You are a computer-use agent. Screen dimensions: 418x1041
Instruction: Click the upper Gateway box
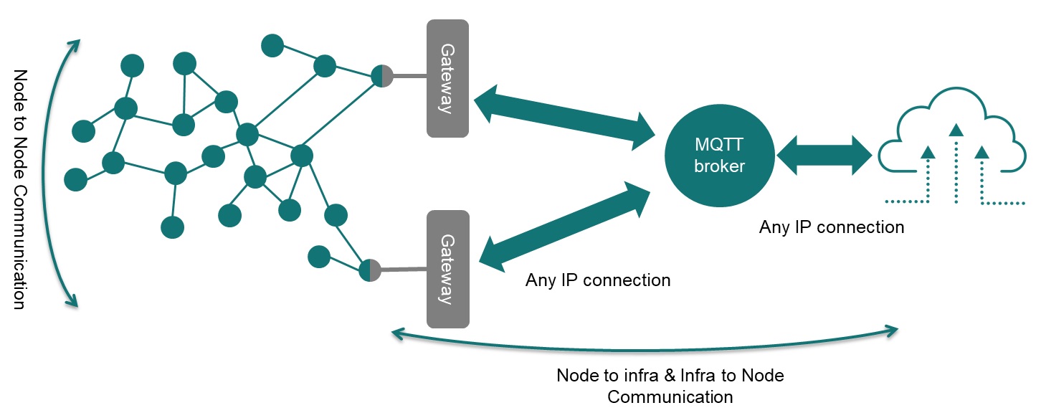tap(447, 78)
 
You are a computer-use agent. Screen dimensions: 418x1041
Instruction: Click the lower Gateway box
tap(447, 269)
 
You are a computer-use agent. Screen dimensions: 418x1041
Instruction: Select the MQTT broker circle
tap(719, 155)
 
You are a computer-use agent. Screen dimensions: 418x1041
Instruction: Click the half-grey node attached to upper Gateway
tap(382, 75)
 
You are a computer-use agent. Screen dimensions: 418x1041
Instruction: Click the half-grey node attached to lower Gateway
tap(369, 270)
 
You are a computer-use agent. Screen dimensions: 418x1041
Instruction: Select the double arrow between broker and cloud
tap(824, 155)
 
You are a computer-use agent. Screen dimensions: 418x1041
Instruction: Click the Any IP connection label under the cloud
tap(832, 227)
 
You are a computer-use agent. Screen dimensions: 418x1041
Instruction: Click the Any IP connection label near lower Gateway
tap(598, 280)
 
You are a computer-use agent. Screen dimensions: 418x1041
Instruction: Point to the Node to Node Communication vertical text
tap(20, 189)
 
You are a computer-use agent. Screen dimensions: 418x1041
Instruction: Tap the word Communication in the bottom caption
tap(670, 396)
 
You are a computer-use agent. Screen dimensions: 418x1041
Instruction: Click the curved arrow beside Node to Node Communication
tap(50, 172)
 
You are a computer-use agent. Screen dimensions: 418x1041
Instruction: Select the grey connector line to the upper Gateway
tap(409, 76)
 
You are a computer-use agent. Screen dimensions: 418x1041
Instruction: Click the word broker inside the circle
tap(719, 166)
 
